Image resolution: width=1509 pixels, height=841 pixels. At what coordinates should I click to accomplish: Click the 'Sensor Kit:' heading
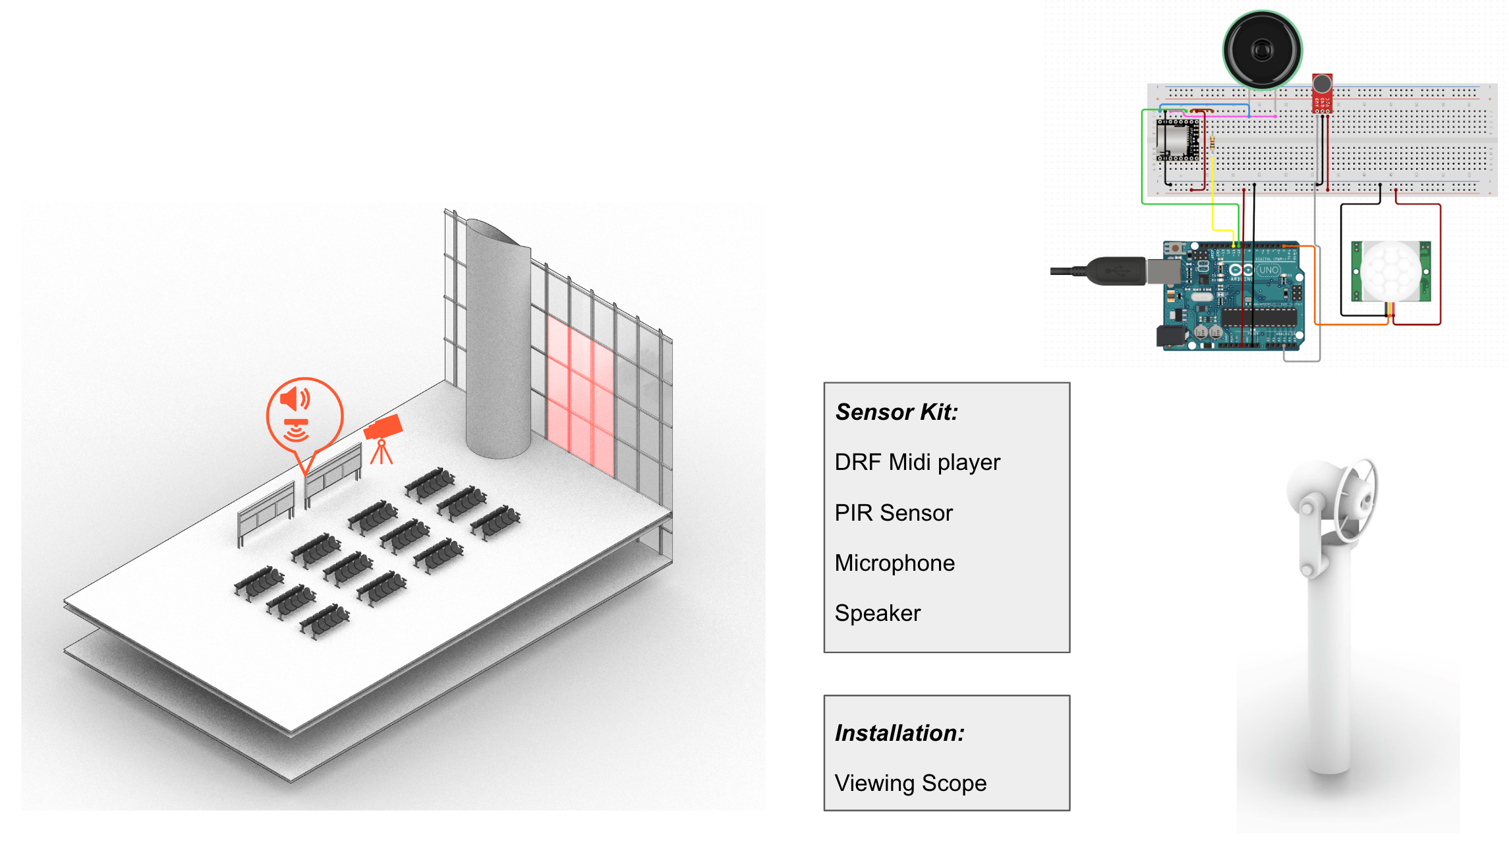[x=896, y=412]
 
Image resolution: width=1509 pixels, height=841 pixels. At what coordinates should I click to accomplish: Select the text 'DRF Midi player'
[x=917, y=462]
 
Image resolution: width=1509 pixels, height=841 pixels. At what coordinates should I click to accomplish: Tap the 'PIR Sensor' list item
[x=894, y=513]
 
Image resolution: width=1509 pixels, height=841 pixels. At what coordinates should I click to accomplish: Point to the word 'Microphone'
[x=894, y=563]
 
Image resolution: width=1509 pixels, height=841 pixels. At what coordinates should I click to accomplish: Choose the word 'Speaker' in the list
[x=877, y=613]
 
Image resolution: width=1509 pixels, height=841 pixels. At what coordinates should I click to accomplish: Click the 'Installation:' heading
[x=899, y=733]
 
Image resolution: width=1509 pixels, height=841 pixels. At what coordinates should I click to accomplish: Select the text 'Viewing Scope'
[x=910, y=783]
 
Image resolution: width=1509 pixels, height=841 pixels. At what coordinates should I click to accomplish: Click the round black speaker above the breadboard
[x=1262, y=50]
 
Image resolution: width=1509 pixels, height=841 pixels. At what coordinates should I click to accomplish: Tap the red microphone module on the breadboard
[x=1322, y=93]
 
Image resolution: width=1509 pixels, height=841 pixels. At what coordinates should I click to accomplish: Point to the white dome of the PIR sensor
[x=1390, y=270]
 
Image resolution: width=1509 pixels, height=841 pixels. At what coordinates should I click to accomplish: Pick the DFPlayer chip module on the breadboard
[x=1178, y=140]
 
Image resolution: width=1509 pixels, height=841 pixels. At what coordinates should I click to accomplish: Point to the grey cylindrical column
[x=498, y=343]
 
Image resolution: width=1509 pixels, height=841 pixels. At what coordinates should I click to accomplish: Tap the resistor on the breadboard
[x=1212, y=141]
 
